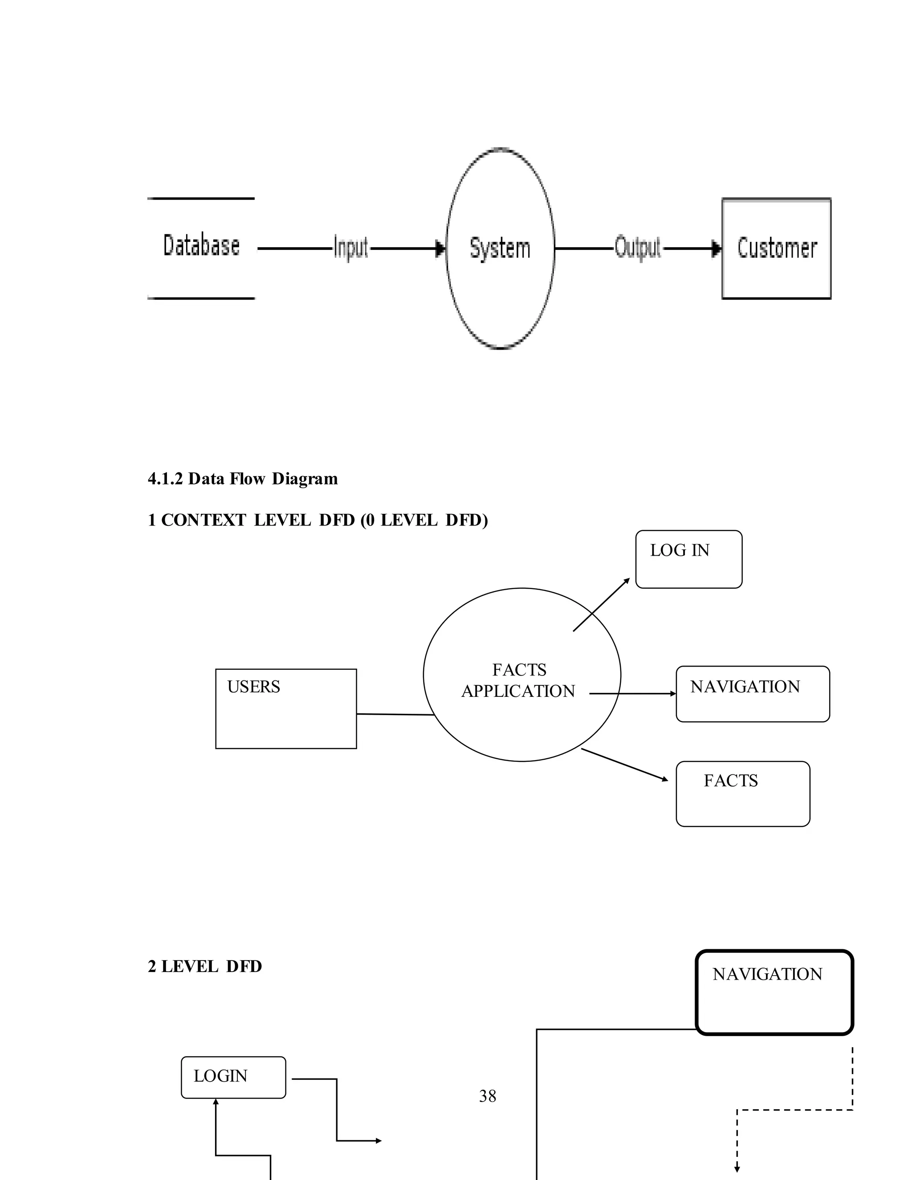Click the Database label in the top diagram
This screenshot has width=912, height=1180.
(201, 246)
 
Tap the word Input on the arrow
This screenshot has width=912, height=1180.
(350, 248)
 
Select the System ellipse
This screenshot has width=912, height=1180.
(500, 248)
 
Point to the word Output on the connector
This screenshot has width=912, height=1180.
(638, 248)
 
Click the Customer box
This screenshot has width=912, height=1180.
(776, 248)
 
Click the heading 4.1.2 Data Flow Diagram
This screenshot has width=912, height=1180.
(243, 479)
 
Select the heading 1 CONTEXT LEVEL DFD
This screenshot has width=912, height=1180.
(318, 520)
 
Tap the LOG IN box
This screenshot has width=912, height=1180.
(688, 559)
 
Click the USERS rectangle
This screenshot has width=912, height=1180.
(286, 708)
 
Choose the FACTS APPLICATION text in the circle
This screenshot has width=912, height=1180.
(519, 680)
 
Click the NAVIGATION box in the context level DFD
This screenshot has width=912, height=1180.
(752, 694)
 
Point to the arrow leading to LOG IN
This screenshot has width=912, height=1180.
(601, 605)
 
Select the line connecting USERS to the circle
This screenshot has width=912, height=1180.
(395, 714)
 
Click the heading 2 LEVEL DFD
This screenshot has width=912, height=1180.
(205, 966)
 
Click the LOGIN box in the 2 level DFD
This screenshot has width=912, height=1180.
(233, 1077)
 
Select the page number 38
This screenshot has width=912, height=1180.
(487, 1096)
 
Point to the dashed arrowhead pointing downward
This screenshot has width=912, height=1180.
(737, 1170)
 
